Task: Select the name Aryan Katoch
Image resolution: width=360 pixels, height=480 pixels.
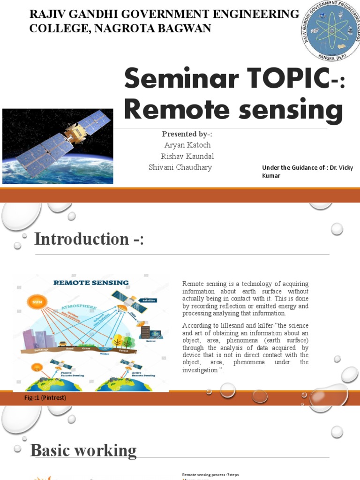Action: click(x=187, y=145)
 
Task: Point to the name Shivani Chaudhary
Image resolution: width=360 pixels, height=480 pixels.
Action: click(x=180, y=167)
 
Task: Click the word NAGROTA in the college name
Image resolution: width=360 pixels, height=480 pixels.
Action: click(x=123, y=29)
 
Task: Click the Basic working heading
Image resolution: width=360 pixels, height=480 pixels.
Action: click(x=83, y=450)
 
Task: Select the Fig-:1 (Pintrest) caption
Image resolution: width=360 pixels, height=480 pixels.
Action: click(x=45, y=398)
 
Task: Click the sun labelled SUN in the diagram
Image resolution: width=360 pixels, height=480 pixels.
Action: click(x=37, y=302)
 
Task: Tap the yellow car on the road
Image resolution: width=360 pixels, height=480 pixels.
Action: click(x=62, y=344)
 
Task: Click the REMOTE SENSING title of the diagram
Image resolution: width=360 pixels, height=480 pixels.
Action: click(x=91, y=283)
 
